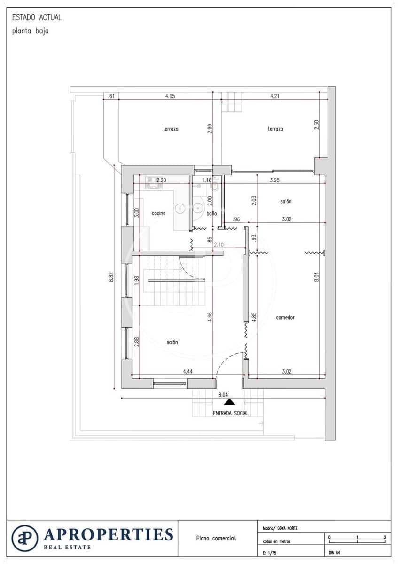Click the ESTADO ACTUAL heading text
37,18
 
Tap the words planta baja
31,31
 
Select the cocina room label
158,213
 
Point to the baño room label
211,213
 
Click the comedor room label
285,318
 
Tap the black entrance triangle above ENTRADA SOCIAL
229,402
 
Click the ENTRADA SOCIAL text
230,413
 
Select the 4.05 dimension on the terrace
170,96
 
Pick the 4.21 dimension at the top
275,96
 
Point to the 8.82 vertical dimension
111,277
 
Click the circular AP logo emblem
25,539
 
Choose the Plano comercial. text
216,539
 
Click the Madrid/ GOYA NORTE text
280,528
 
